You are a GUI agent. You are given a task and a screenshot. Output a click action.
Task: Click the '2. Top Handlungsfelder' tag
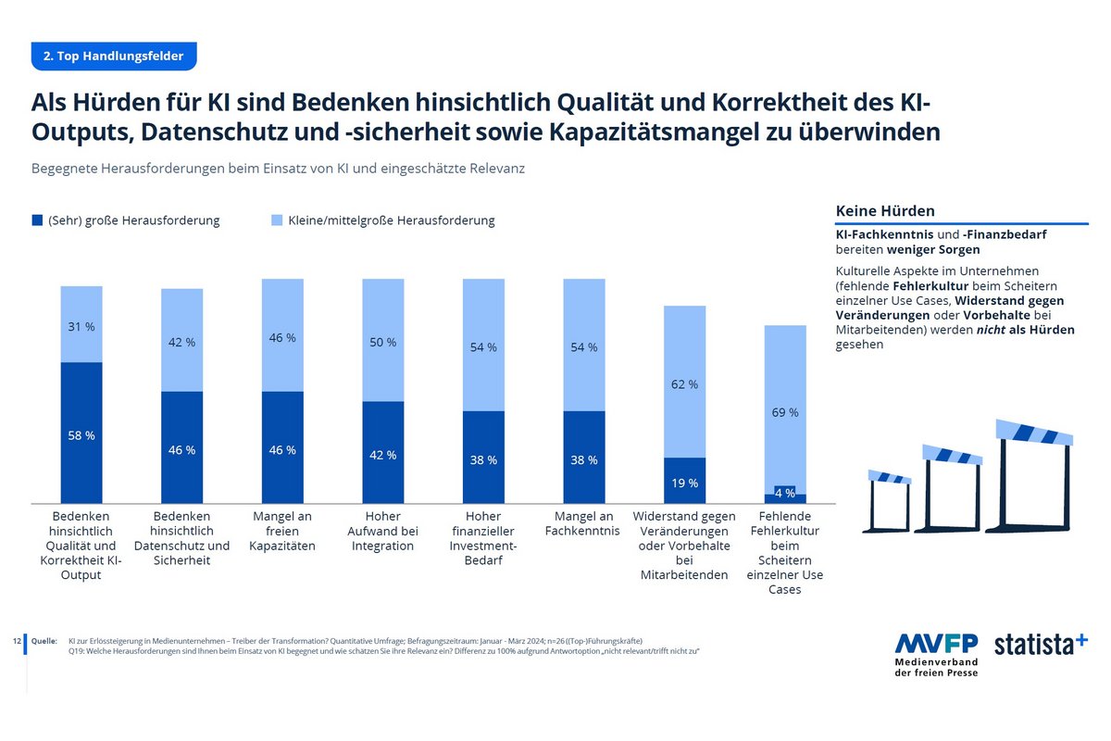click(x=114, y=57)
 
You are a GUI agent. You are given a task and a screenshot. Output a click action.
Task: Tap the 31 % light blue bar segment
click(x=81, y=324)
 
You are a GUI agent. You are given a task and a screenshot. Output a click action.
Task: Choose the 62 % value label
click(x=685, y=384)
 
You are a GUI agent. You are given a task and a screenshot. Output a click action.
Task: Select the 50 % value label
click(x=383, y=343)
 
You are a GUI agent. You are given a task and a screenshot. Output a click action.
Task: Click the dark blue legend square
click(x=37, y=220)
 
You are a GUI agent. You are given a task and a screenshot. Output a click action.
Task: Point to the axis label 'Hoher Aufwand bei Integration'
click(x=383, y=532)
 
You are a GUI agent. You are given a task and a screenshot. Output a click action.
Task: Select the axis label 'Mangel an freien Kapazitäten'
click(x=282, y=532)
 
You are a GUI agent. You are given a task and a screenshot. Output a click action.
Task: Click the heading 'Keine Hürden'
click(x=884, y=211)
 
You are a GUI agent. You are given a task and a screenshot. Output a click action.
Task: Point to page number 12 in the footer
click(x=17, y=641)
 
